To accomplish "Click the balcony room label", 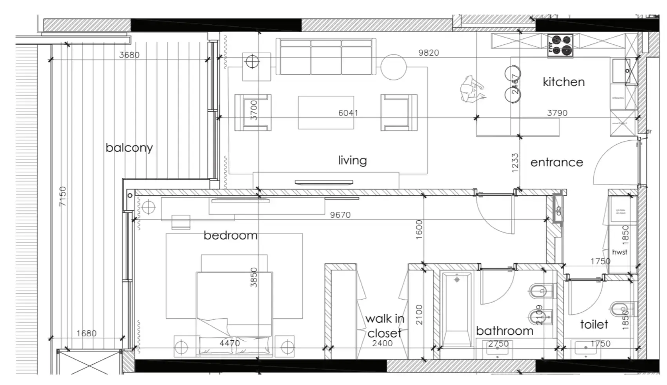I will [129, 148].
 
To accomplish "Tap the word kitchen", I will [563, 82].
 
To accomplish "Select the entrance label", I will [556, 162].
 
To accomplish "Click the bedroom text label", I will [230, 235].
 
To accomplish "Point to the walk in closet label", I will [384, 326].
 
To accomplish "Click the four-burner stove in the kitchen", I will [560, 45].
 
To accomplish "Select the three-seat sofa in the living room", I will [326, 57].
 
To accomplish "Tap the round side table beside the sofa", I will [393, 67].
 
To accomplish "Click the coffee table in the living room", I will [326, 113].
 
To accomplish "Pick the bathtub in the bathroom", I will [456, 310].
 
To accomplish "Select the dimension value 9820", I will [428, 53].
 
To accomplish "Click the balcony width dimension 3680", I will [129, 55].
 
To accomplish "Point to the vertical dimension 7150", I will [63, 196].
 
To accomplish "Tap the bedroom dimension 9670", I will [340, 215].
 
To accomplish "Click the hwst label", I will [620, 252].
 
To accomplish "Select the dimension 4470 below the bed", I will [229, 343].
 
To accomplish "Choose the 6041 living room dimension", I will [348, 113].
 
